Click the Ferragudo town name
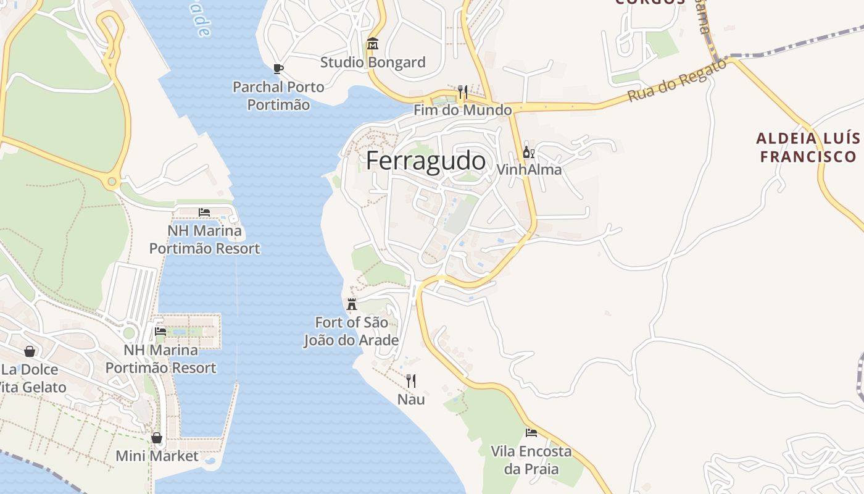426,161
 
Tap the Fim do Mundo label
462,111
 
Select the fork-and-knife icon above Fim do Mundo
462,93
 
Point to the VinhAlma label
529,169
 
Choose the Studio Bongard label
373,62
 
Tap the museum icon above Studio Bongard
373,44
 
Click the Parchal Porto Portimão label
278,96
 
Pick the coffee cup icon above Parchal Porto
278,69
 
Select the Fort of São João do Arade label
351,331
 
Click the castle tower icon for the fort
352,304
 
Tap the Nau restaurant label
411,400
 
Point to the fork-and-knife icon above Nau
411,381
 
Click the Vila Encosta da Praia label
531,460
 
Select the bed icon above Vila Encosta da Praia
531,433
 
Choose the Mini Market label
157,456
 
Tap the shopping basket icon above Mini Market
157,438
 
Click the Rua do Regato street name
678,87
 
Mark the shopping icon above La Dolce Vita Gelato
29,351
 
